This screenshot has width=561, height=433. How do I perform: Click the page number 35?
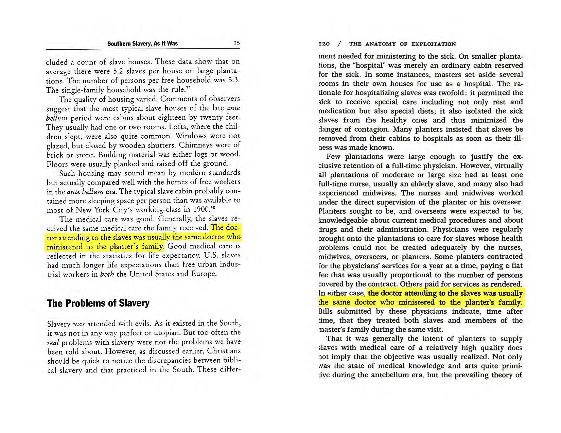236,44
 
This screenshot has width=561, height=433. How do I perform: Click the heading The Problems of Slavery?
98,303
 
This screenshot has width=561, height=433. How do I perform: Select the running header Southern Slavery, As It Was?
142,44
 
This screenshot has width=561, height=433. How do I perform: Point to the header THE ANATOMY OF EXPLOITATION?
402,44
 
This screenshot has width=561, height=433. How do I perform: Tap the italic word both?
102,274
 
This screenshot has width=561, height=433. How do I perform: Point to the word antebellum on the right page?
396,375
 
